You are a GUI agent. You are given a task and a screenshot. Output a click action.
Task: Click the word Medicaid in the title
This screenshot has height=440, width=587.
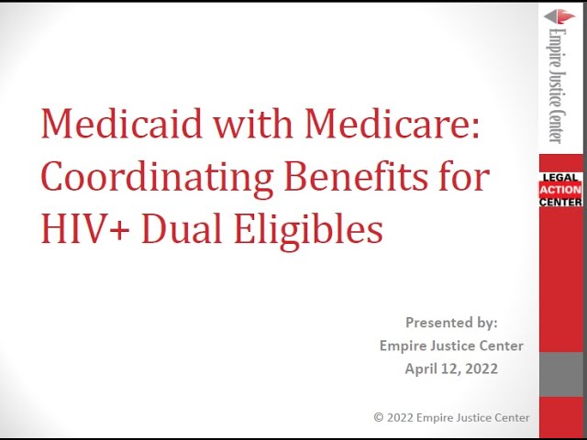point(122,124)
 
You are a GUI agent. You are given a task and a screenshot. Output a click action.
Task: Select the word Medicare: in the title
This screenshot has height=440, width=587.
point(392,124)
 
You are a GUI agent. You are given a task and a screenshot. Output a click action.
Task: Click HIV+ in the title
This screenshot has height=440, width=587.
point(85,228)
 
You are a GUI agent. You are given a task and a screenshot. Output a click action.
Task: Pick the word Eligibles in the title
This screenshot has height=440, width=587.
point(309,230)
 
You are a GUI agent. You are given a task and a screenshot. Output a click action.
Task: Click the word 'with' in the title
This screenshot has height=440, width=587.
point(253,124)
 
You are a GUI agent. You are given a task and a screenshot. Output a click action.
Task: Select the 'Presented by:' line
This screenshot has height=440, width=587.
point(451,323)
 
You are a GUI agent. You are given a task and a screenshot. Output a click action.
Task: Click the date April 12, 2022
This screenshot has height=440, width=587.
point(451,368)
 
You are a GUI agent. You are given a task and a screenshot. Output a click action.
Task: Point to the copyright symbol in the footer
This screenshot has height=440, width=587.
point(379,417)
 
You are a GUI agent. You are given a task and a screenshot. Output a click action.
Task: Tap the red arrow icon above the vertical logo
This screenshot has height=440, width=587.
point(559,16)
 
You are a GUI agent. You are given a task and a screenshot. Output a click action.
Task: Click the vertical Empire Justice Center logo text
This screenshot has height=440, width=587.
point(557,85)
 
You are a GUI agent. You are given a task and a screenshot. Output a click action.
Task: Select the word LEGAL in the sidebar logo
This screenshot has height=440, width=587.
point(560,178)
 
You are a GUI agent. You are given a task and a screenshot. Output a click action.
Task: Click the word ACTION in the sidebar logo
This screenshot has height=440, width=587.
point(560,190)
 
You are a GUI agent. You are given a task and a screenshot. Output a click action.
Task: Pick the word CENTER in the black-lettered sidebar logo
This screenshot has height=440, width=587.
point(560,202)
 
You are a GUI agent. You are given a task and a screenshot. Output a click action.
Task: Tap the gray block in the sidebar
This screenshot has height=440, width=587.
point(561,374)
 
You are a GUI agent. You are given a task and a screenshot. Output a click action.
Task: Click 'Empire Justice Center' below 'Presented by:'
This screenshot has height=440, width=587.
point(451,346)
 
